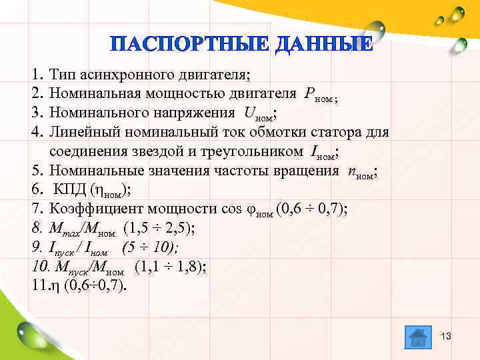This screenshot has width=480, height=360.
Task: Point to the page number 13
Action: tap(446, 336)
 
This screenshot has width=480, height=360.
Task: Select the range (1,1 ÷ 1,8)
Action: tap(171, 267)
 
